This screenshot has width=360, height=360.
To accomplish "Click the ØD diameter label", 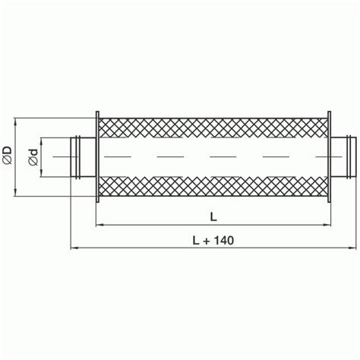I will (8, 156).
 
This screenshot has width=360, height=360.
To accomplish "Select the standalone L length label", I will (213, 215).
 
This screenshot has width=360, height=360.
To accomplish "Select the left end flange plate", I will (96, 155).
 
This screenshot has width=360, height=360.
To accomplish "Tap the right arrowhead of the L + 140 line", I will (352, 248).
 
